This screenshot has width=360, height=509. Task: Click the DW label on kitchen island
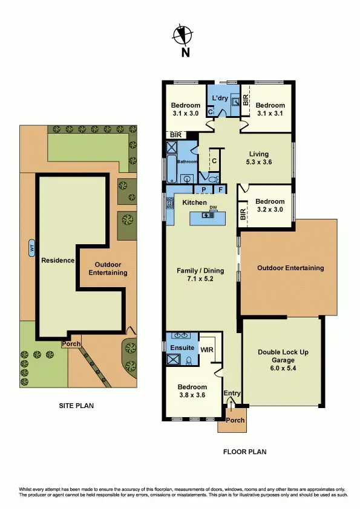click(213, 208)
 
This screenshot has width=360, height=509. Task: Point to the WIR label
click(207, 349)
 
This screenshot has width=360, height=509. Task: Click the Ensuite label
click(182, 348)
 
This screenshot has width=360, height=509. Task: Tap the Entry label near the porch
click(232, 394)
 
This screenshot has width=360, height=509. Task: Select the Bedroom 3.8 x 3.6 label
click(192, 391)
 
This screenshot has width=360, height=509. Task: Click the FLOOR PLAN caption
click(244, 452)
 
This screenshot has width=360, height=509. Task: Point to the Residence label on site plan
click(57, 261)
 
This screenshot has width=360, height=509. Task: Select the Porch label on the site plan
click(71, 344)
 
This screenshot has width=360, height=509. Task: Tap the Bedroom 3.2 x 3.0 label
click(269, 206)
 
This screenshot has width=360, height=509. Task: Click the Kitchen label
click(194, 203)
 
